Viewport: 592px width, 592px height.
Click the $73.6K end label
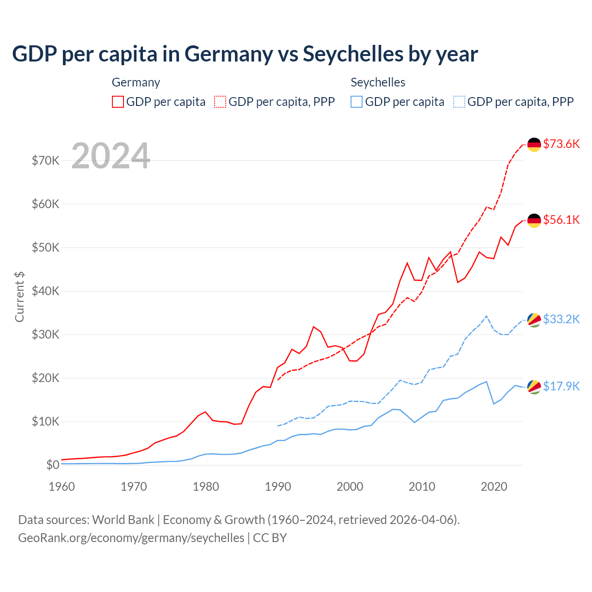click(561, 144)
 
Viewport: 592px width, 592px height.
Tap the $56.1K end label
click(561, 220)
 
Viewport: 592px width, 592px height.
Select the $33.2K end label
click(561, 319)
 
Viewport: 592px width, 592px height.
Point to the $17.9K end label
click(561, 386)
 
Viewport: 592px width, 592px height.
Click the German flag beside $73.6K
click(534, 145)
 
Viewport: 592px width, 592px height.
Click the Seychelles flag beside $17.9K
click(534, 387)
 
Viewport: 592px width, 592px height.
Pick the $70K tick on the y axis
click(45, 160)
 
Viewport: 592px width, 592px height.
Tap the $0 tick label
click(53, 465)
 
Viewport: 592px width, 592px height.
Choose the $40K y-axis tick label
click(45, 291)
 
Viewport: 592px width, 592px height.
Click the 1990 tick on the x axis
click(278, 487)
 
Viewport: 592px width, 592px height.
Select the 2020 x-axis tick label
click(494, 487)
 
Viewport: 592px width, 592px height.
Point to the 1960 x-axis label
click(62, 487)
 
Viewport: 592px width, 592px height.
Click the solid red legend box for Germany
click(118, 102)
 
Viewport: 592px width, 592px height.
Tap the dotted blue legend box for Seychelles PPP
click(459, 102)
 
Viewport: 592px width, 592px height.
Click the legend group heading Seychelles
click(378, 82)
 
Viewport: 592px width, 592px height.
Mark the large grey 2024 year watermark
click(111, 156)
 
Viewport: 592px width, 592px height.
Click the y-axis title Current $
click(19, 296)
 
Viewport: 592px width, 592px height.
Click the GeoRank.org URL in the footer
click(131, 538)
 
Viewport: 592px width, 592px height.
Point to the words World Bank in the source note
click(123, 520)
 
